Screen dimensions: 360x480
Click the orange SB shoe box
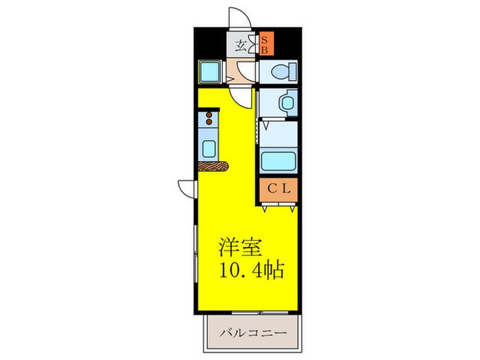point(265,45)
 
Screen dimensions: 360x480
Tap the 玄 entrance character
point(241,47)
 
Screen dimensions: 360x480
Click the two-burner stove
point(208,121)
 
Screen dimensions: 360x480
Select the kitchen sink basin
point(208,147)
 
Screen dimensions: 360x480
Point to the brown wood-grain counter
point(214,165)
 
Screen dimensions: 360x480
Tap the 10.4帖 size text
point(251,267)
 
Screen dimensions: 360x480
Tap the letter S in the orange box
point(265,39)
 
